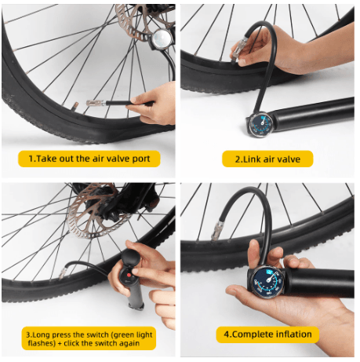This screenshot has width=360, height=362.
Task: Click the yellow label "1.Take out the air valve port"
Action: [89, 159]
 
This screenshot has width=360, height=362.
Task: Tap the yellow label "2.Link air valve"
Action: [267, 159]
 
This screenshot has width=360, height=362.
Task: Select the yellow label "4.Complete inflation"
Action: [267, 335]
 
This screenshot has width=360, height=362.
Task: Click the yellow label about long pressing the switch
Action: [89, 338]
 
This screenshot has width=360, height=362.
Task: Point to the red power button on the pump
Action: [129, 276]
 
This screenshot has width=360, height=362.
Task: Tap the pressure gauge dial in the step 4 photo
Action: [268, 280]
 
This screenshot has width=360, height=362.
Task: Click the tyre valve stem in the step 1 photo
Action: [75, 106]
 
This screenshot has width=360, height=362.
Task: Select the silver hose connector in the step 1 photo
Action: [96, 102]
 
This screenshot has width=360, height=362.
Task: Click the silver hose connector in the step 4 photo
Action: [216, 230]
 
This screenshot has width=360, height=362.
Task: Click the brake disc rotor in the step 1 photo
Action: [144, 22]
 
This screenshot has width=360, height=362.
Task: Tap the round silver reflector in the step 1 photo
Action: [162, 38]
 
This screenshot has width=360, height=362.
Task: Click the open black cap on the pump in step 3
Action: [131, 257]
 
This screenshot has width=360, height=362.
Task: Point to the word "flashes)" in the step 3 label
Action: [42, 343]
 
